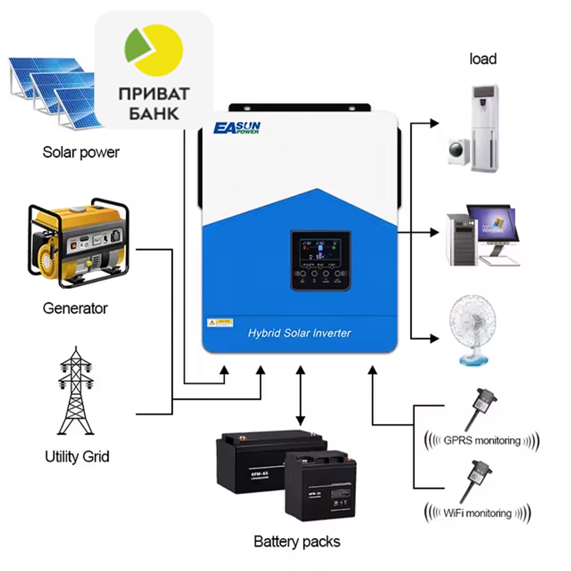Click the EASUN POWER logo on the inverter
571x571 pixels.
237,128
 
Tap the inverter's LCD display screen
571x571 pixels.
320,250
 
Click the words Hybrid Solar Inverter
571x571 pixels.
299,333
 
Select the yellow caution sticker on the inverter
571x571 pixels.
220,322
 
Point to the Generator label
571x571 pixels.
75,309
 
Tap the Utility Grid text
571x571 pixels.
77,457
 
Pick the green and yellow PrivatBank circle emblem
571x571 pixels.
154,50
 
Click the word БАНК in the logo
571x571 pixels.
154,114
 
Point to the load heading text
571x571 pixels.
483,59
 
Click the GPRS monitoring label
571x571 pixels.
482,441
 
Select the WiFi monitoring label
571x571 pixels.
477,513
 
